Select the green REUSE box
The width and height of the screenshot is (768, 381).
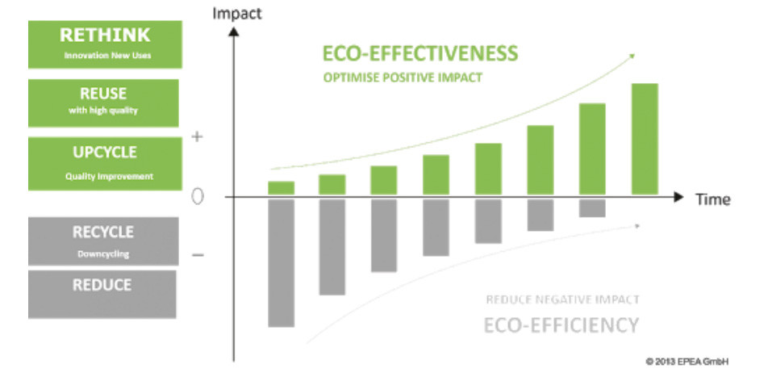(102, 103)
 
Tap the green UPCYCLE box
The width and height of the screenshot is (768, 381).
(102, 163)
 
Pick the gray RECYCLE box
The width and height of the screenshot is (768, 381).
(102, 241)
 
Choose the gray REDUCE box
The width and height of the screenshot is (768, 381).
(102, 293)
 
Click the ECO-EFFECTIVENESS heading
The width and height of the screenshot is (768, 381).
(419, 54)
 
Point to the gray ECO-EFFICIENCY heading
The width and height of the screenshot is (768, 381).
(561, 325)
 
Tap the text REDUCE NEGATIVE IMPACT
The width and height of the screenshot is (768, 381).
(562, 299)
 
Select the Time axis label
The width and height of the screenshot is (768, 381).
(713, 199)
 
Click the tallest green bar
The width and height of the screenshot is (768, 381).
(645, 139)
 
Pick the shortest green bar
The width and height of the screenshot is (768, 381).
(281, 188)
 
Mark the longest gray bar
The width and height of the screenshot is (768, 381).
(281, 262)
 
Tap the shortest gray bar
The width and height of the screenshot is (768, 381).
(592, 207)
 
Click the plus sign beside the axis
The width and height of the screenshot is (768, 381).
(198, 137)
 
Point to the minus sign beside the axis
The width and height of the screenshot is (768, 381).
(198, 255)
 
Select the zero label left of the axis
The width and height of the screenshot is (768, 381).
(198, 197)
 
